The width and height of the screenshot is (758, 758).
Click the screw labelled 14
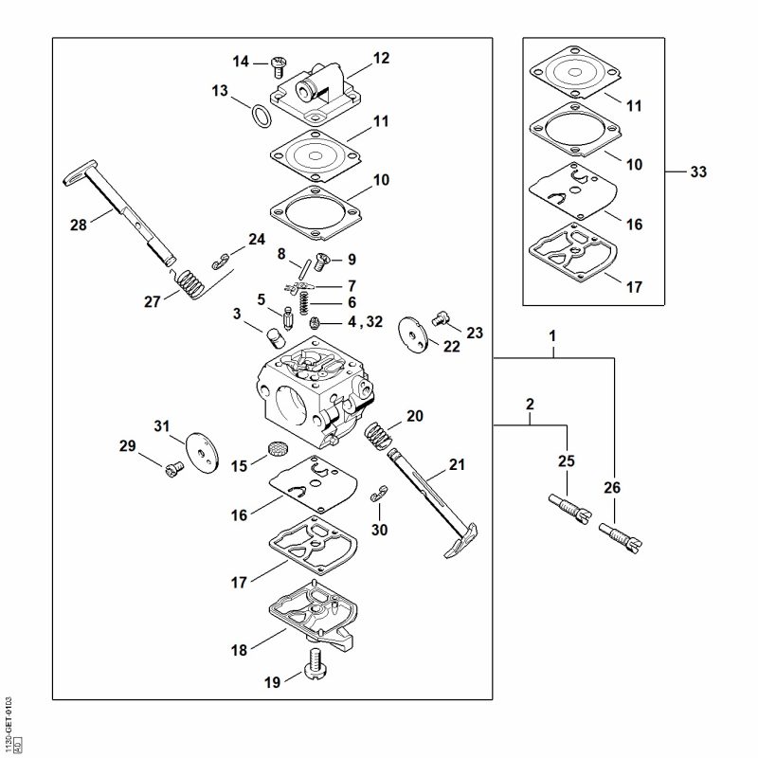[277, 63]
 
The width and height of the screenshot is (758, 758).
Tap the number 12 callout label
[381, 59]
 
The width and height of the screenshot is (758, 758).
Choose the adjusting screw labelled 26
[621, 538]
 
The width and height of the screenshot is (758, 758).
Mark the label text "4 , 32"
[363, 322]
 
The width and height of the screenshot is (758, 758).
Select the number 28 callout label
[79, 224]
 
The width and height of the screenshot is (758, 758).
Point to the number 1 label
[552, 336]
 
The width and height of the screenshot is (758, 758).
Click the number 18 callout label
[240, 650]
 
